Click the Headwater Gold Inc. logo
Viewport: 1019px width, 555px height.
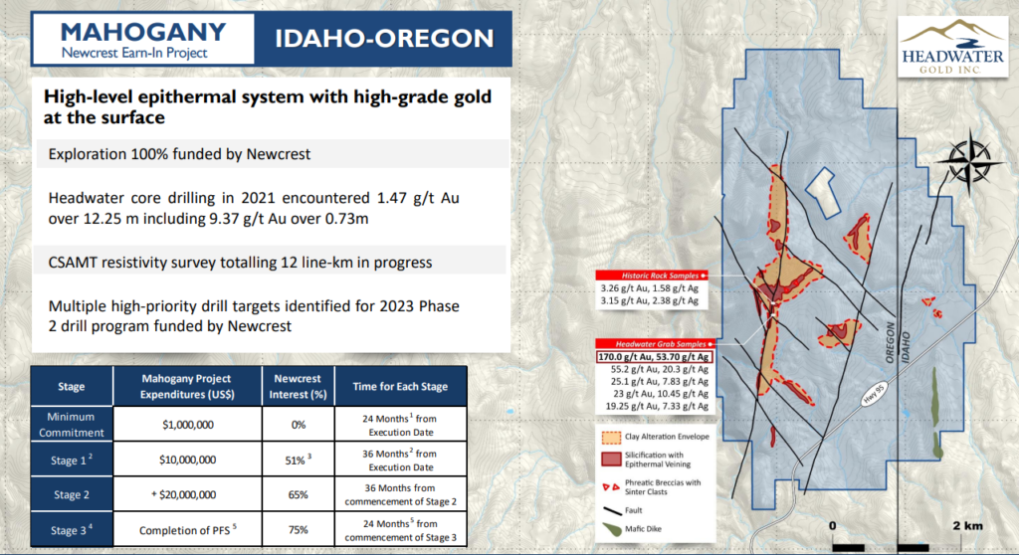(951, 47)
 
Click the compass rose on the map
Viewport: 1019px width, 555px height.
(968, 161)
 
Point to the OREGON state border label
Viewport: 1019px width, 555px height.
(891, 342)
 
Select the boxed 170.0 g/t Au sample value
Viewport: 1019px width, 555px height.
(654, 357)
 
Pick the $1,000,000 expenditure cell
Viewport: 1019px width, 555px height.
(188, 425)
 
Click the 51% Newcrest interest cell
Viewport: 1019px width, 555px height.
(299, 460)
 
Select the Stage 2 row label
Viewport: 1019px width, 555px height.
(72, 494)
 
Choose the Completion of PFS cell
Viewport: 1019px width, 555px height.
(188, 530)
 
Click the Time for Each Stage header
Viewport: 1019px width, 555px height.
(400, 386)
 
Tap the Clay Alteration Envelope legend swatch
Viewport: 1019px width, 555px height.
(611, 438)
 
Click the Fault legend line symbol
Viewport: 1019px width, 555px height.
(612, 511)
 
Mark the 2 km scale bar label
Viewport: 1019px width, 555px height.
(967, 526)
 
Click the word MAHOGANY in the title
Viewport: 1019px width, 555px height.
(143, 32)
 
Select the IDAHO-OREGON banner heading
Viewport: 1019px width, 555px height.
(384, 39)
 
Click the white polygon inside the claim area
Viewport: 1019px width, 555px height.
(823, 192)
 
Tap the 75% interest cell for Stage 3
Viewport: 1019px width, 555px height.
(299, 530)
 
